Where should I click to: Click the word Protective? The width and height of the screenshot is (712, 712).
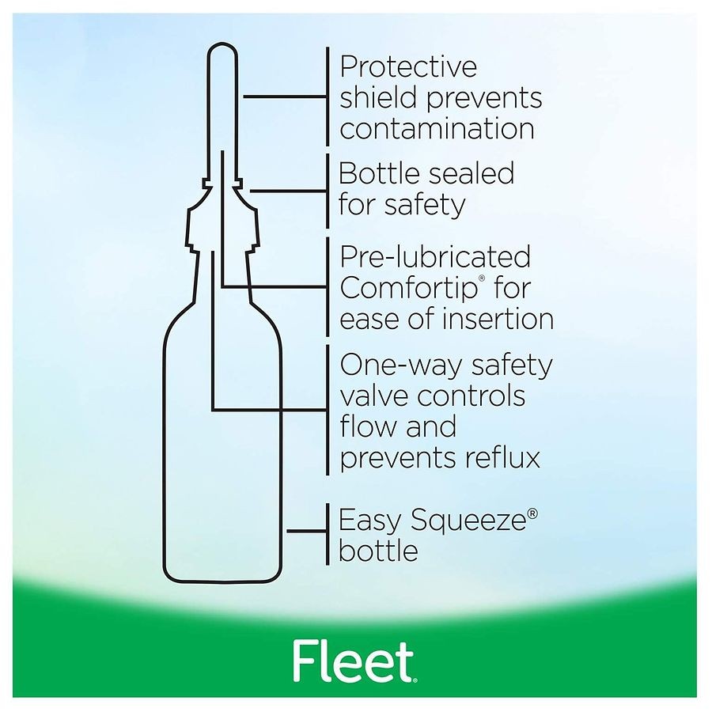click(408, 66)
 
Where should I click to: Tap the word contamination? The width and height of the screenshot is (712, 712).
click(437, 128)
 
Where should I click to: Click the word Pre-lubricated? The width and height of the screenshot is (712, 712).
click(435, 257)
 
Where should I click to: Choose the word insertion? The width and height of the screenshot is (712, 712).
click(498, 319)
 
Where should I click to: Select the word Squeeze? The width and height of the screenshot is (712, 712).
click(468, 521)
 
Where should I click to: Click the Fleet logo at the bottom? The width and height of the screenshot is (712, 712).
click(354, 661)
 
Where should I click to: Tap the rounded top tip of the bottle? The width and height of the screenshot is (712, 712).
click(222, 44)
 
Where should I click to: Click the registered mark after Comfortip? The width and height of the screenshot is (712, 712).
click(482, 278)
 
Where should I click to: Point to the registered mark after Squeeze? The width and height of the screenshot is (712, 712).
click(532, 513)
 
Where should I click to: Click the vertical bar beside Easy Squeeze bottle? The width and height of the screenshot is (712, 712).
click(328, 534)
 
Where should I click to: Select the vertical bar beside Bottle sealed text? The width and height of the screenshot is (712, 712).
click(328, 191)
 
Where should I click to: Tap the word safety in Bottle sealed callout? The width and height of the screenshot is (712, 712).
click(425, 205)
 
